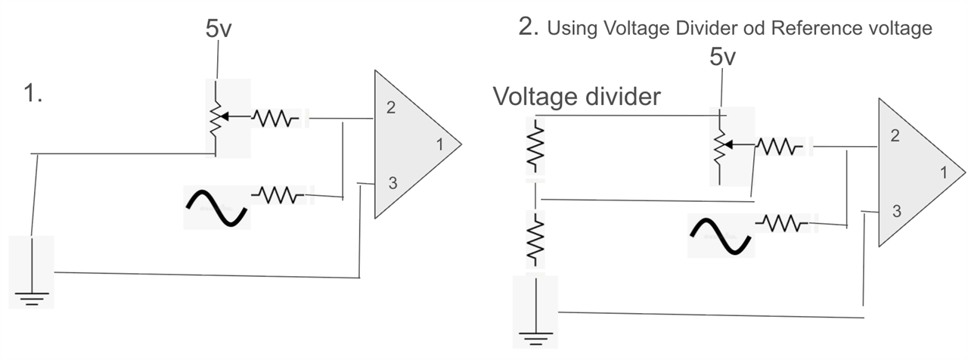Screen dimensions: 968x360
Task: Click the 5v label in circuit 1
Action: coord(219,29)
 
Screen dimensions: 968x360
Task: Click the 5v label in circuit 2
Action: coord(722,57)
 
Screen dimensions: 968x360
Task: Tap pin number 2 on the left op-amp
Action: coord(391,107)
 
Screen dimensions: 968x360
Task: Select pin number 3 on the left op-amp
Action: coord(392,183)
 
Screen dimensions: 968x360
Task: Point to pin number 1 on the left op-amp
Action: coord(439,144)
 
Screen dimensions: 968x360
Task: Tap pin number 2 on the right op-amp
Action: coord(895,135)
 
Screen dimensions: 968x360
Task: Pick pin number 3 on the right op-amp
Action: coord(897,211)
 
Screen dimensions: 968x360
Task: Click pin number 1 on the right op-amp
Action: coord(944,173)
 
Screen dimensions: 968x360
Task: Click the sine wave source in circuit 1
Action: coord(216,208)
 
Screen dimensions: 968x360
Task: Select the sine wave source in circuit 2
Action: coord(721,236)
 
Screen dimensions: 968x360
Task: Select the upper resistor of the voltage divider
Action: coord(535,146)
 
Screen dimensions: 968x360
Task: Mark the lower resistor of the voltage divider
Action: coord(535,239)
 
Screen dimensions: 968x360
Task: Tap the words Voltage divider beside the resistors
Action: coord(577,96)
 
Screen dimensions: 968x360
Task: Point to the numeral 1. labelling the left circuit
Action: coord(33,93)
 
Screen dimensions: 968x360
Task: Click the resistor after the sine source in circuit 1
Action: coord(278,195)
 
